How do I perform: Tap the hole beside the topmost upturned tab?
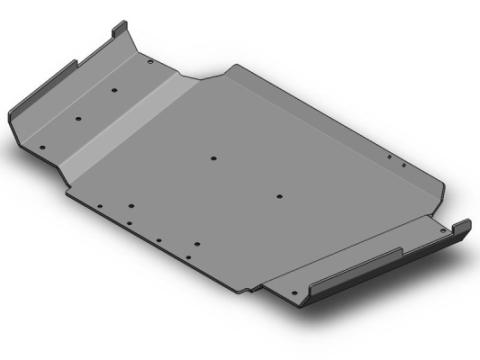(150, 61)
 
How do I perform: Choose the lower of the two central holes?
(279, 195)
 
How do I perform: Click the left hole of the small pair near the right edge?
(389, 157)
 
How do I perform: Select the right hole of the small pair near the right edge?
(402, 163)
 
